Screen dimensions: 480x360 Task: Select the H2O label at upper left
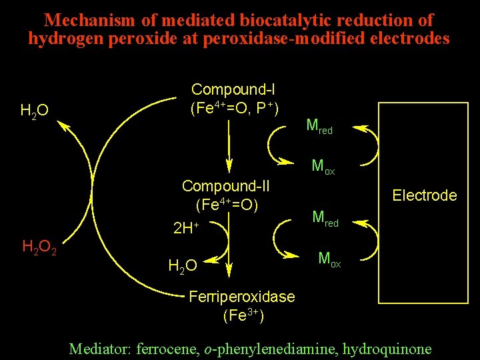point(34,111)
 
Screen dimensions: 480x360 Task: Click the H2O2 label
point(39,249)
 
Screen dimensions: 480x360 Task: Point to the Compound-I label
point(233,89)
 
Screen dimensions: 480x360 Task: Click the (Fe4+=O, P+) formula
point(234,107)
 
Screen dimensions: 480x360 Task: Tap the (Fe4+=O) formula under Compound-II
point(227,203)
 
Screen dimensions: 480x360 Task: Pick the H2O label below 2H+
point(182,267)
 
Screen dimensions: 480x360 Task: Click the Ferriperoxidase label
point(242,297)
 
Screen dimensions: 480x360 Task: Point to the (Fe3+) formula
point(243,315)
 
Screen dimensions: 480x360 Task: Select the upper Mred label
point(319,125)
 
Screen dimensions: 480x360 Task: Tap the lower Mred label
point(325,218)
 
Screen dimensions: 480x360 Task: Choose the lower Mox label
point(329,259)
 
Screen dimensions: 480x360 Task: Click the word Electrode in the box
point(425,195)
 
